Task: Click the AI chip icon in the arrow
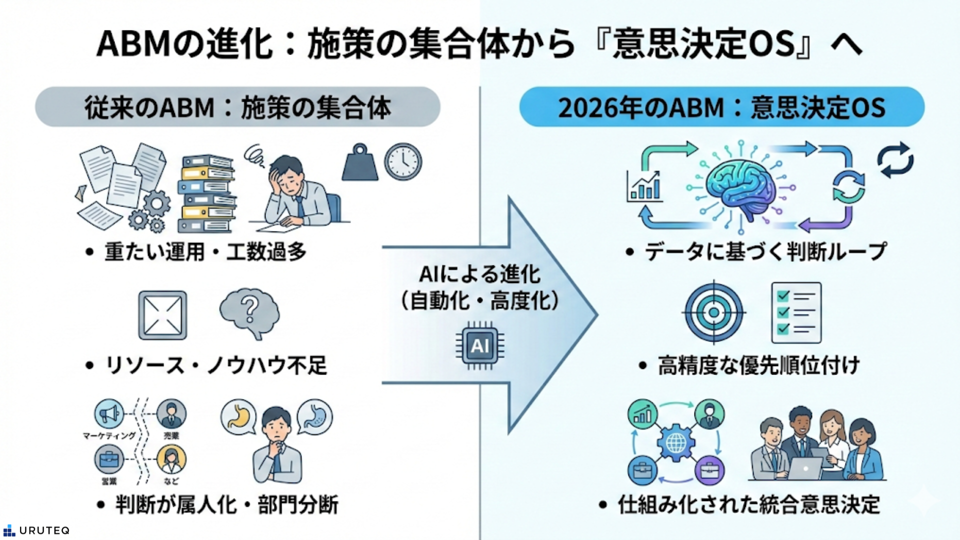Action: tap(479, 345)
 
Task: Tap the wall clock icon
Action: tap(403, 161)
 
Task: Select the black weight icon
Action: tap(360, 163)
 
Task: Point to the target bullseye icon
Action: tap(713, 312)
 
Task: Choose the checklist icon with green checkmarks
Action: tap(796, 312)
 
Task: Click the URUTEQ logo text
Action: tap(44, 530)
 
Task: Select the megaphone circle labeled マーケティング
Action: tap(109, 414)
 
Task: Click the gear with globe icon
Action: tap(675, 442)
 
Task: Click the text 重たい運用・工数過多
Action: tap(205, 251)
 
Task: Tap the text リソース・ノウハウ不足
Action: tap(216, 365)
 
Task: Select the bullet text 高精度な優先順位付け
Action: tap(758, 365)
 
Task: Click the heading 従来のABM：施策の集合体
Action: tap(237, 107)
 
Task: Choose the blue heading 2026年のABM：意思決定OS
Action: tap(721, 107)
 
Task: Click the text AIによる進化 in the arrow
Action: tap(479, 274)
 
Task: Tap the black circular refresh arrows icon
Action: tap(895, 160)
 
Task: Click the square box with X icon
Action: tap(162, 315)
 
